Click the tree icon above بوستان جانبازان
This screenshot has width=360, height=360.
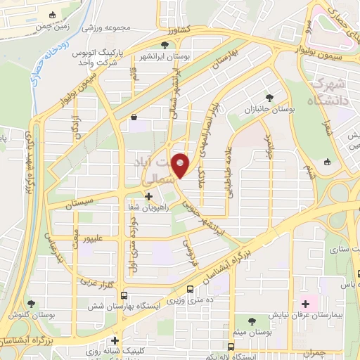(269, 98)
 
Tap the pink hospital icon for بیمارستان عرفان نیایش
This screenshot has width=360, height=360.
(305, 304)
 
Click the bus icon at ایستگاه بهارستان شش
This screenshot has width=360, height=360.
(124, 296)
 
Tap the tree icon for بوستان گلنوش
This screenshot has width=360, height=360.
(31, 303)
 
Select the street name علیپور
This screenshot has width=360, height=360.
(91, 239)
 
